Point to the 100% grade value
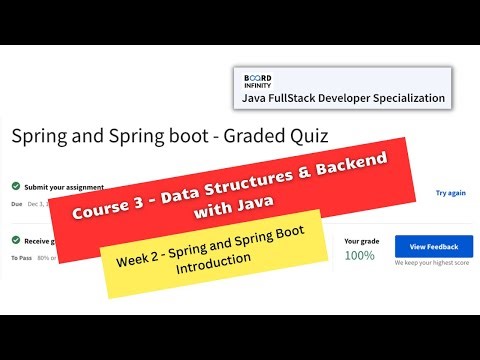pyautogui.click(x=360, y=256)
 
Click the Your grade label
pyautogui.click(x=362, y=240)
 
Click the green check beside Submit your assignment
pyautogui.click(x=16, y=186)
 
